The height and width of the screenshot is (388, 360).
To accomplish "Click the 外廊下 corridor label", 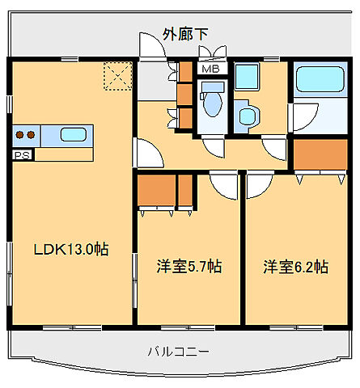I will tap(185, 34).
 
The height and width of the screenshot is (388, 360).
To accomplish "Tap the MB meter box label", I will tap(211, 69).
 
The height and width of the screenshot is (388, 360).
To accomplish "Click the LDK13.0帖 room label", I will tap(70, 250).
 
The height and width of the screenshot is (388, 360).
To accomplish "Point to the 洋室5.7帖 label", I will tap(189, 265).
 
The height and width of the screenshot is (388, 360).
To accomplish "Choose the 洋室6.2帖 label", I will tap(294, 265).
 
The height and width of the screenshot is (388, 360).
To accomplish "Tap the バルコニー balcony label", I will tap(179, 352).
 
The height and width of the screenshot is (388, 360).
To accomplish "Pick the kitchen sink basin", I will tap(74, 135).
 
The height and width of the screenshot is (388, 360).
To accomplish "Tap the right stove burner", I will tap(32, 135).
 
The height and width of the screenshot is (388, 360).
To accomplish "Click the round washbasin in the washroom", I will tap(245, 116).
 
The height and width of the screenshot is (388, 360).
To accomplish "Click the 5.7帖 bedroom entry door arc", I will tap(223, 184).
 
